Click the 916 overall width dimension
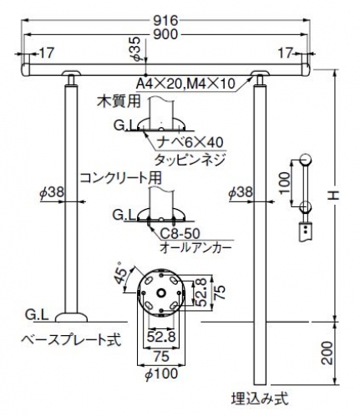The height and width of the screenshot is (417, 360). click(x=165, y=21)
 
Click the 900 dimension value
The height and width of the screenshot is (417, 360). click(x=165, y=34)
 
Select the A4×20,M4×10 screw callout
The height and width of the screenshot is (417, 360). click(x=185, y=84)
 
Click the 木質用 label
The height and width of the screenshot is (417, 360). click(x=119, y=102)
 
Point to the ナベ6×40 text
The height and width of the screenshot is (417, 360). click(x=190, y=142)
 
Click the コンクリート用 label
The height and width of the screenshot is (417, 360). click(x=121, y=178)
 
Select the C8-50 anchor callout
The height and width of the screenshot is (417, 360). click(x=180, y=233)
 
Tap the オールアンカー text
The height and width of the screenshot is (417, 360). click(x=195, y=248)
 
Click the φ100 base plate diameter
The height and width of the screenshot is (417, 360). click(x=161, y=374)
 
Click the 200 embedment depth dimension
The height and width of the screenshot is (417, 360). click(x=328, y=353)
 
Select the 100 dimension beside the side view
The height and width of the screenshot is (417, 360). click(x=284, y=183)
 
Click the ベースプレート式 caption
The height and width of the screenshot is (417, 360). click(x=71, y=340)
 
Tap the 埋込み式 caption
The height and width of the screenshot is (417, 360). click(x=260, y=399)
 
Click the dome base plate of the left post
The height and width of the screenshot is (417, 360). click(x=71, y=318)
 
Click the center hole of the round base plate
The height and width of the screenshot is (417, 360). click(x=161, y=292)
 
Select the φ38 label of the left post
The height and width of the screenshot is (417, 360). click(x=52, y=192)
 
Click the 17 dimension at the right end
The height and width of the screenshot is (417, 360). click(x=286, y=53)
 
